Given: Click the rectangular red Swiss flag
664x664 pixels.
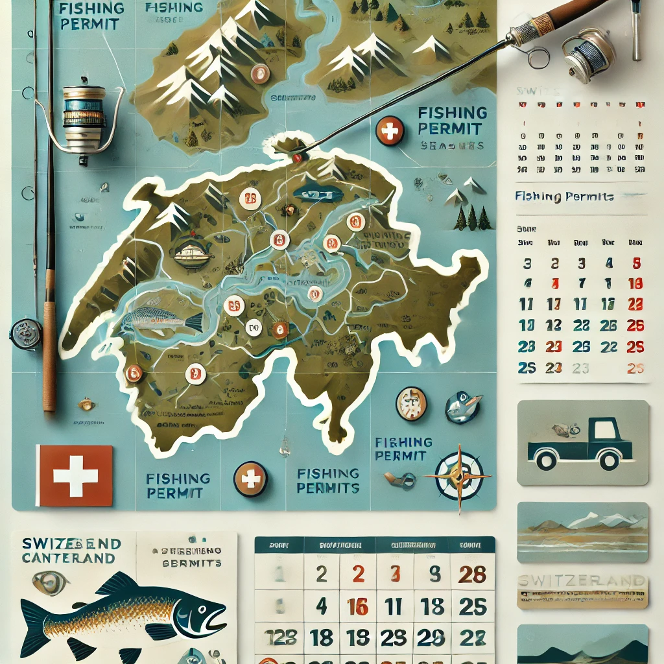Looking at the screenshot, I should (x=74, y=475).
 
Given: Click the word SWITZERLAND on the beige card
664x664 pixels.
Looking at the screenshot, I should (x=582, y=581).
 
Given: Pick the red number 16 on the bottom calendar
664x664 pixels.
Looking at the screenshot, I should (x=357, y=607).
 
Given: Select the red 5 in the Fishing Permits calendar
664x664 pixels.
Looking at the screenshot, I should (x=636, y=263).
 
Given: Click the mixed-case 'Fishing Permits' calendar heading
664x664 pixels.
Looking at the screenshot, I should (x=565, y=196).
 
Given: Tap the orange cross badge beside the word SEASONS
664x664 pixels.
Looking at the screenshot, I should (x=389, y=132).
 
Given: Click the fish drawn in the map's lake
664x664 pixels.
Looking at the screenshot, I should (x=162, y=319).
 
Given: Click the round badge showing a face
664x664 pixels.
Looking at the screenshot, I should (x=410, y=403).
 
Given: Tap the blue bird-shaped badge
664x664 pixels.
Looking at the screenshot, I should (x=462, y=407).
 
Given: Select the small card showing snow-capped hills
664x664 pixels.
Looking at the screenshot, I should (x=582, y=532).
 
